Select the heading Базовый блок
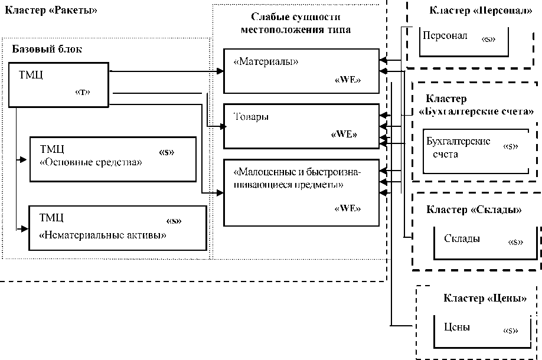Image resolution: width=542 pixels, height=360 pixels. tap(47, 50)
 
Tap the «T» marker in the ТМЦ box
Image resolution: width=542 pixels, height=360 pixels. tap(82, 92)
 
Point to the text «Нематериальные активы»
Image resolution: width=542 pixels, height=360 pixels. tap(102, 234)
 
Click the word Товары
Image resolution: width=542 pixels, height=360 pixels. tap(251, 117)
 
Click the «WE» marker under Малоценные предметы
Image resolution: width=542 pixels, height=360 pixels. tap(348, 208)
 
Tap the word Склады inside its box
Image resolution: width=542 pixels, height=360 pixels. tap(461, 238)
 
